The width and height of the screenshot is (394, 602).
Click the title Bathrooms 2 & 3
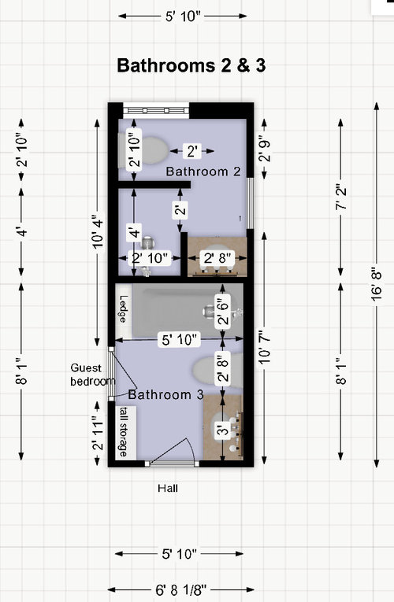click(191, 65)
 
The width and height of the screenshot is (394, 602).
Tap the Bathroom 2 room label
click(203, 172)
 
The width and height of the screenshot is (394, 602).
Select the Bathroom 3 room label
click(165, 394)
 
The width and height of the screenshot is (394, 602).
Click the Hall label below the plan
click(168, 489)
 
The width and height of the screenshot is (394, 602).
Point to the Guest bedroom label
click(93, 375)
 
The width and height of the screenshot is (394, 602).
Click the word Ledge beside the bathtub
click(123, 308)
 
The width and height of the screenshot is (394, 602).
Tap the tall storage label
click(124, 432)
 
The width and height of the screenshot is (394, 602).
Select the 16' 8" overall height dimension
click(377, 285)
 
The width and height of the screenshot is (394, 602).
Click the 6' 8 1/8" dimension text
click(180, 589)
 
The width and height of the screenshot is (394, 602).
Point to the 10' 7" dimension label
click(266, 347)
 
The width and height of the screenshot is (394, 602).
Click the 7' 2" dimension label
click(340, 198)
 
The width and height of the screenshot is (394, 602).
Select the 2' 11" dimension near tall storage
click(98, 434)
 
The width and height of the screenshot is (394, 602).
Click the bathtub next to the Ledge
click(188, 310)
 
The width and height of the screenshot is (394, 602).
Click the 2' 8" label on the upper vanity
click(217, 258)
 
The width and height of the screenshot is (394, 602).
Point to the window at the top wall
click(156, 110)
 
